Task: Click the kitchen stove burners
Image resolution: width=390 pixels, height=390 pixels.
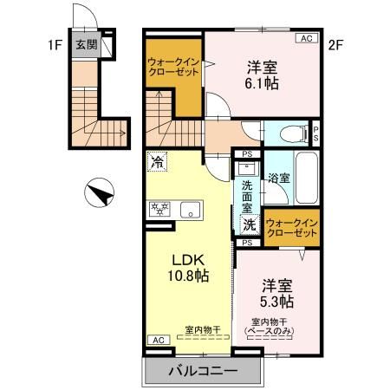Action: click(x=159, y=209)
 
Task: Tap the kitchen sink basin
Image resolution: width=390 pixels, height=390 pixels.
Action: click(x=190, y=209)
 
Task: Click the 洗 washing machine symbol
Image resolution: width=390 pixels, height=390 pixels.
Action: click(x=249, y=224)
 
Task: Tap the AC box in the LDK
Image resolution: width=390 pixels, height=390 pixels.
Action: click(x=158, y=340)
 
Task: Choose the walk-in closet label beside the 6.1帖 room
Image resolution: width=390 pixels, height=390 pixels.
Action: click(x=173, y=67)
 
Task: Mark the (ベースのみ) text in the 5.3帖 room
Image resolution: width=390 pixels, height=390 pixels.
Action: click(x=277, y=331)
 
